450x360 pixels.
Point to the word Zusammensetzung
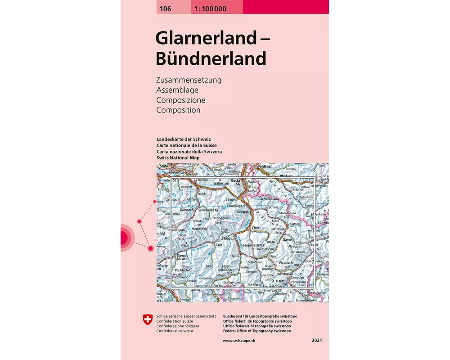point(189,81)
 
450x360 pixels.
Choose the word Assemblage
point(177,90)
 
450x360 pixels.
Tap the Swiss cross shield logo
point(147,320)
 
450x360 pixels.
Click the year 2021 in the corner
point(316,341)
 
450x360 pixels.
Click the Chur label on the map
point(256,228)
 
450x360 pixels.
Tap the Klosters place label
point(295,223)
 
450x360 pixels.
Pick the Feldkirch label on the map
point(266,166)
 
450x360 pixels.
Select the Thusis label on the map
point(235,256)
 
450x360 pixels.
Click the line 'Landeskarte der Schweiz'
point(184,139)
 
